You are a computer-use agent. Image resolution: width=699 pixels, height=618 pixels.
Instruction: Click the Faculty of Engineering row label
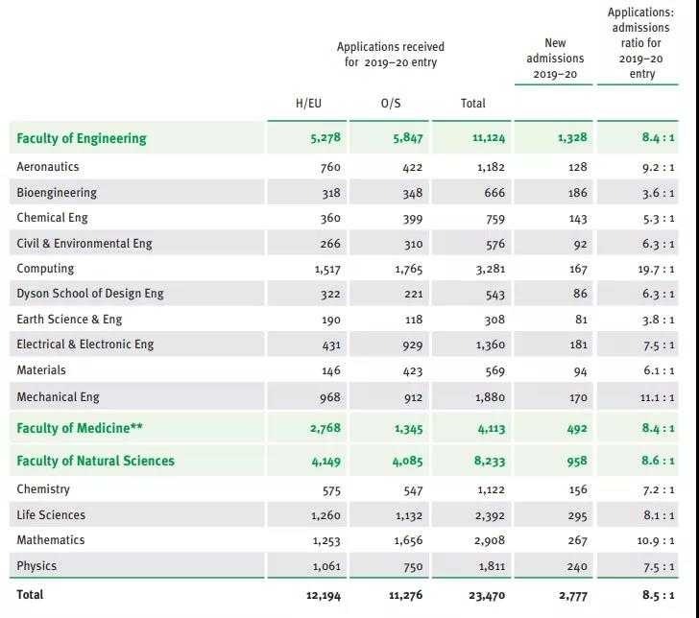[82, 138]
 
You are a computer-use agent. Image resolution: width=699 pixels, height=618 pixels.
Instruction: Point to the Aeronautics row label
[47, 167]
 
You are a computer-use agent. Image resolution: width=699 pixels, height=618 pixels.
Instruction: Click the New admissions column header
[555, 59]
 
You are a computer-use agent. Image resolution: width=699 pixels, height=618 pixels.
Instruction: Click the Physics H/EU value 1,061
[325, 567]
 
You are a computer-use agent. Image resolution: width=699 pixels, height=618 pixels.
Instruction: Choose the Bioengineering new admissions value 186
[577, 193]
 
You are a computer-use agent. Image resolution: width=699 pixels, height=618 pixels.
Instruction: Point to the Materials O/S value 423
[410, 371]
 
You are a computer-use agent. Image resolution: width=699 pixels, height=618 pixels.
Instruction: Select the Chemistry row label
[43, 489]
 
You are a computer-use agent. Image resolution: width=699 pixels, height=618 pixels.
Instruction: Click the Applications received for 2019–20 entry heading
[390, 54]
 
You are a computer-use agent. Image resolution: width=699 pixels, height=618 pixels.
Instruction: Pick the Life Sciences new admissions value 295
[576, 515]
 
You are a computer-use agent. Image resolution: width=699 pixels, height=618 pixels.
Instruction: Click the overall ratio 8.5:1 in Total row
[657, 596]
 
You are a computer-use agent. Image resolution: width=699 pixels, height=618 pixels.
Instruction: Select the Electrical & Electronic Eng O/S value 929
[410, 345]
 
